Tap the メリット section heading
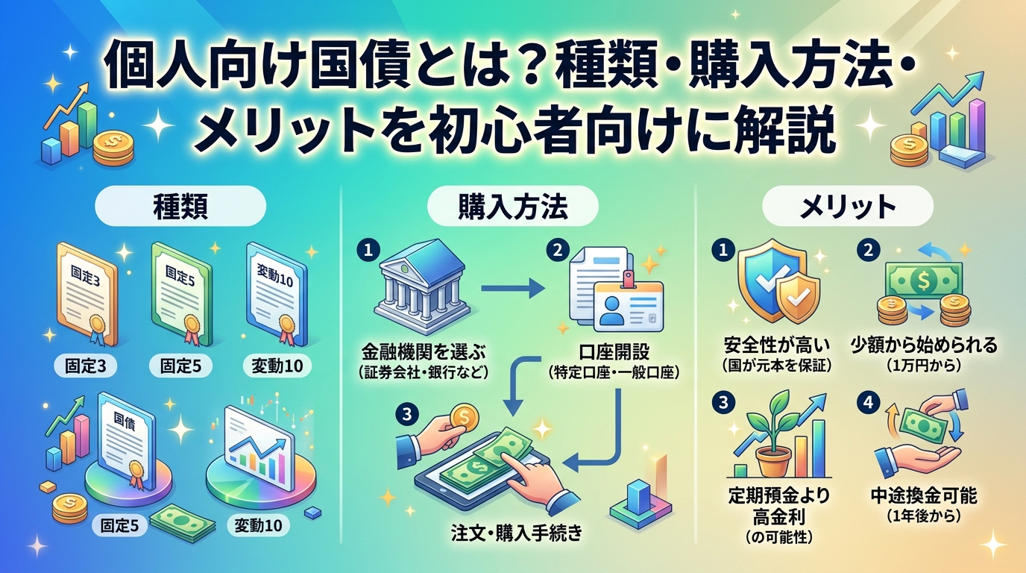847,206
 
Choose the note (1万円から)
924,366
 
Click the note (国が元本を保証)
777,366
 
